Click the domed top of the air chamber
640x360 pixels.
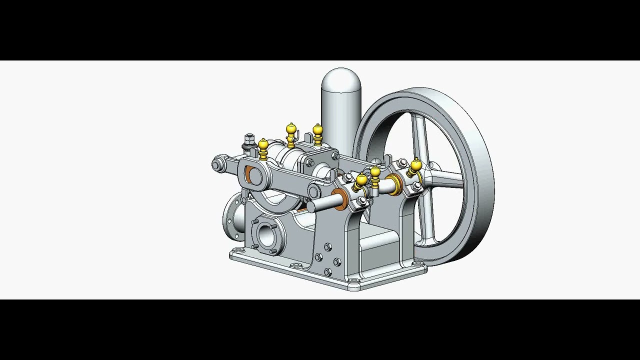341,80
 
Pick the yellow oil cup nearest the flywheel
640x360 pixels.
415,165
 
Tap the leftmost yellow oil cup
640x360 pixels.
263,146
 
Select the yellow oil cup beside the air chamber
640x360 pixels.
317,131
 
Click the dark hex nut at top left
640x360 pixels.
250,138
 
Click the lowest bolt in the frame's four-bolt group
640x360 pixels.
328,271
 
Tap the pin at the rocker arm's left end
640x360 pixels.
216,164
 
